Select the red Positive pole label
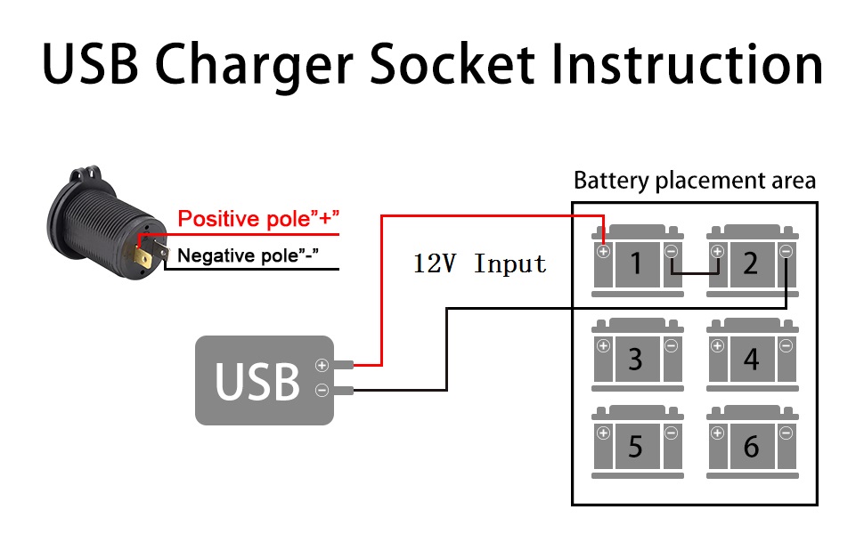coord(259,219)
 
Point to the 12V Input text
coord(479,263)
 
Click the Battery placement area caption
coord(694,181)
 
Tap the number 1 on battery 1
coord(636,263)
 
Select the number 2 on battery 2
coord(750,263)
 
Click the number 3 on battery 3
coord(635,359)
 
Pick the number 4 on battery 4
coord(751,359)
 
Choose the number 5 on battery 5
coord(635,446)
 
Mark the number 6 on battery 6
coord(751,446)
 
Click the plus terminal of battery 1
coord(603,252)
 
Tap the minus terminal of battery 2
coord(785,252)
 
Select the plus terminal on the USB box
coord(322,365)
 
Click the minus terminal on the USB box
coord(322,390)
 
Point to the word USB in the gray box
coord(257,380)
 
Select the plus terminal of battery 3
coord(603,346)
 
